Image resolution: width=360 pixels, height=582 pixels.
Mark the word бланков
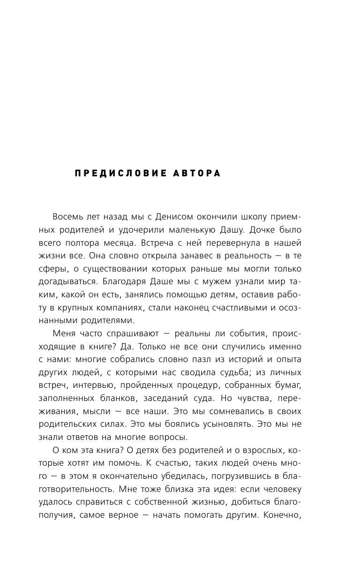[x=115, y=398]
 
